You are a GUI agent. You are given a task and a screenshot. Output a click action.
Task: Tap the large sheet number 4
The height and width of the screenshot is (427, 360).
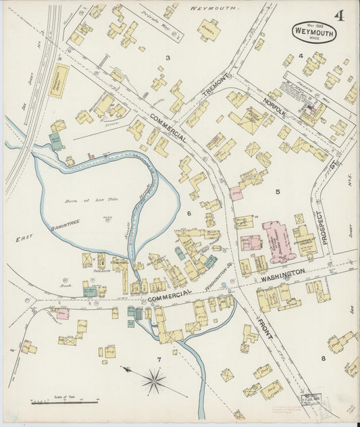coord(336,16)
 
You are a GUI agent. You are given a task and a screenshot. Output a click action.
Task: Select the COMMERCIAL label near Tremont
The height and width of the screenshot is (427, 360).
coord(168,127)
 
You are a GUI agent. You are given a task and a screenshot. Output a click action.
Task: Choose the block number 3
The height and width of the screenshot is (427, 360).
coord(168,58)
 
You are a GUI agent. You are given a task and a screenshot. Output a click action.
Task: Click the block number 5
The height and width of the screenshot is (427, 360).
coord(277,192)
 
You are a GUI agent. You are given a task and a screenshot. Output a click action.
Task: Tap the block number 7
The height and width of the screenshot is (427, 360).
coord(159,359)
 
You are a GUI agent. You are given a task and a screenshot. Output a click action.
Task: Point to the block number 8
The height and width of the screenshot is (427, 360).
coord(323,357)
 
